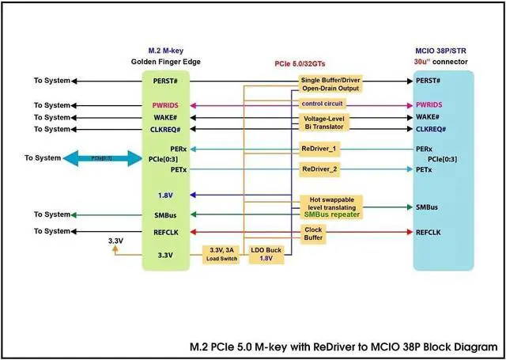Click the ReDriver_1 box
(x=319, y=149)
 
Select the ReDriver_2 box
(x=319, y=169)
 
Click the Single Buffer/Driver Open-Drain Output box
(x=330, y=85)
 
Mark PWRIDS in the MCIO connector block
(x=429, y=104)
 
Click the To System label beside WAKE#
(x=51, y=117)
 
